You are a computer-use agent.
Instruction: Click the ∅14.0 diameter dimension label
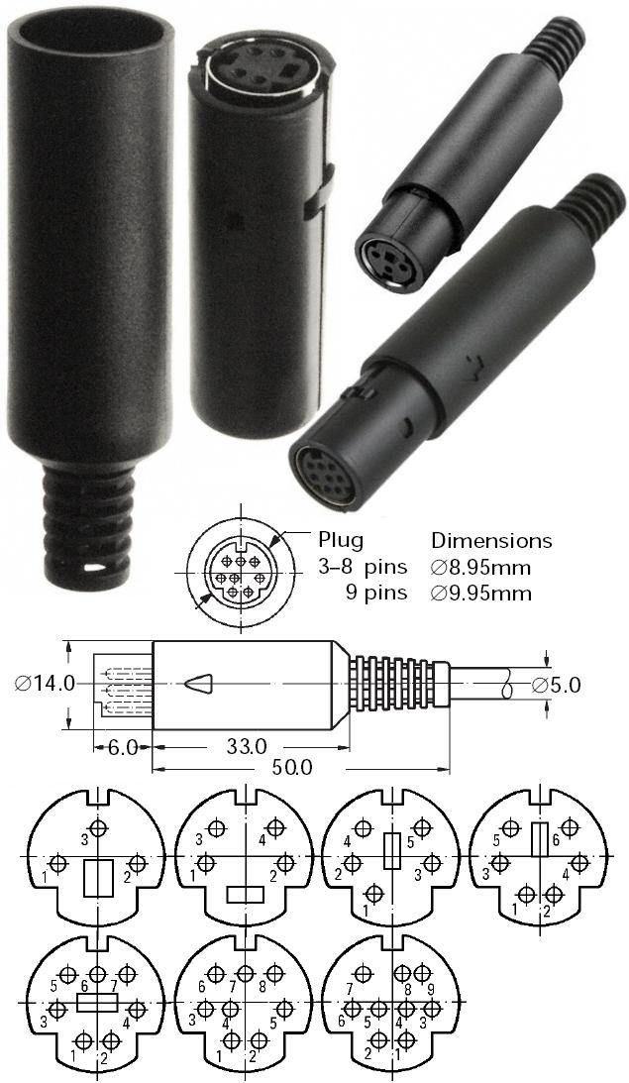coord(46,684)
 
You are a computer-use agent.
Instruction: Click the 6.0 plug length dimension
coord(123,746)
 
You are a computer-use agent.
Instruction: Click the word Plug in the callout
coord(341,541)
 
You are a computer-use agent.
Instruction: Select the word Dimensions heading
coord(491,541)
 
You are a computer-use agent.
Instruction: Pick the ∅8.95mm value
coord(481,568)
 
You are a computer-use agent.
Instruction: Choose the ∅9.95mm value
coord(481,594)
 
